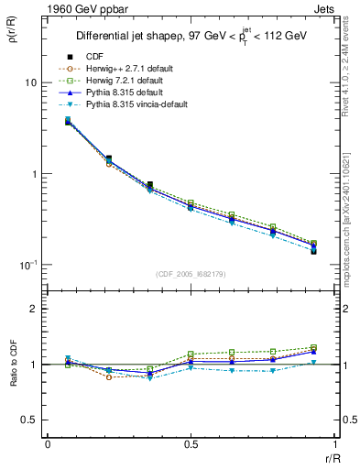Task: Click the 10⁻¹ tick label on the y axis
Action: tap(27, 265)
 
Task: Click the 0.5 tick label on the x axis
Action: tap(191, 444)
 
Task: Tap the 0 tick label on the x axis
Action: tap(48, 444)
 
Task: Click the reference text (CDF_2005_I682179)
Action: tap(191, 274)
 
